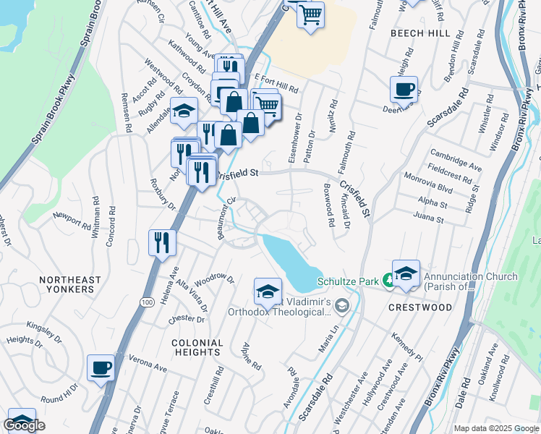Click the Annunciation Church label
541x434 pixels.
pos(470,281)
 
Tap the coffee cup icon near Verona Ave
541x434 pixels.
pos(101,367)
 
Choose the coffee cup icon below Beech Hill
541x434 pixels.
pos(404,89)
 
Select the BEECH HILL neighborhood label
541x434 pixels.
pos(419,33)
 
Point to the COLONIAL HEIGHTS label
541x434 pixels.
pos(196,347)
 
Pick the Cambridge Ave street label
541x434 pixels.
pos(456,160)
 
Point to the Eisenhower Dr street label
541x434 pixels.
pos(294,136)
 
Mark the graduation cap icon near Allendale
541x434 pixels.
pos(184,111)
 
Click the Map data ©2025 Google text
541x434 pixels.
pos(496,428)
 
